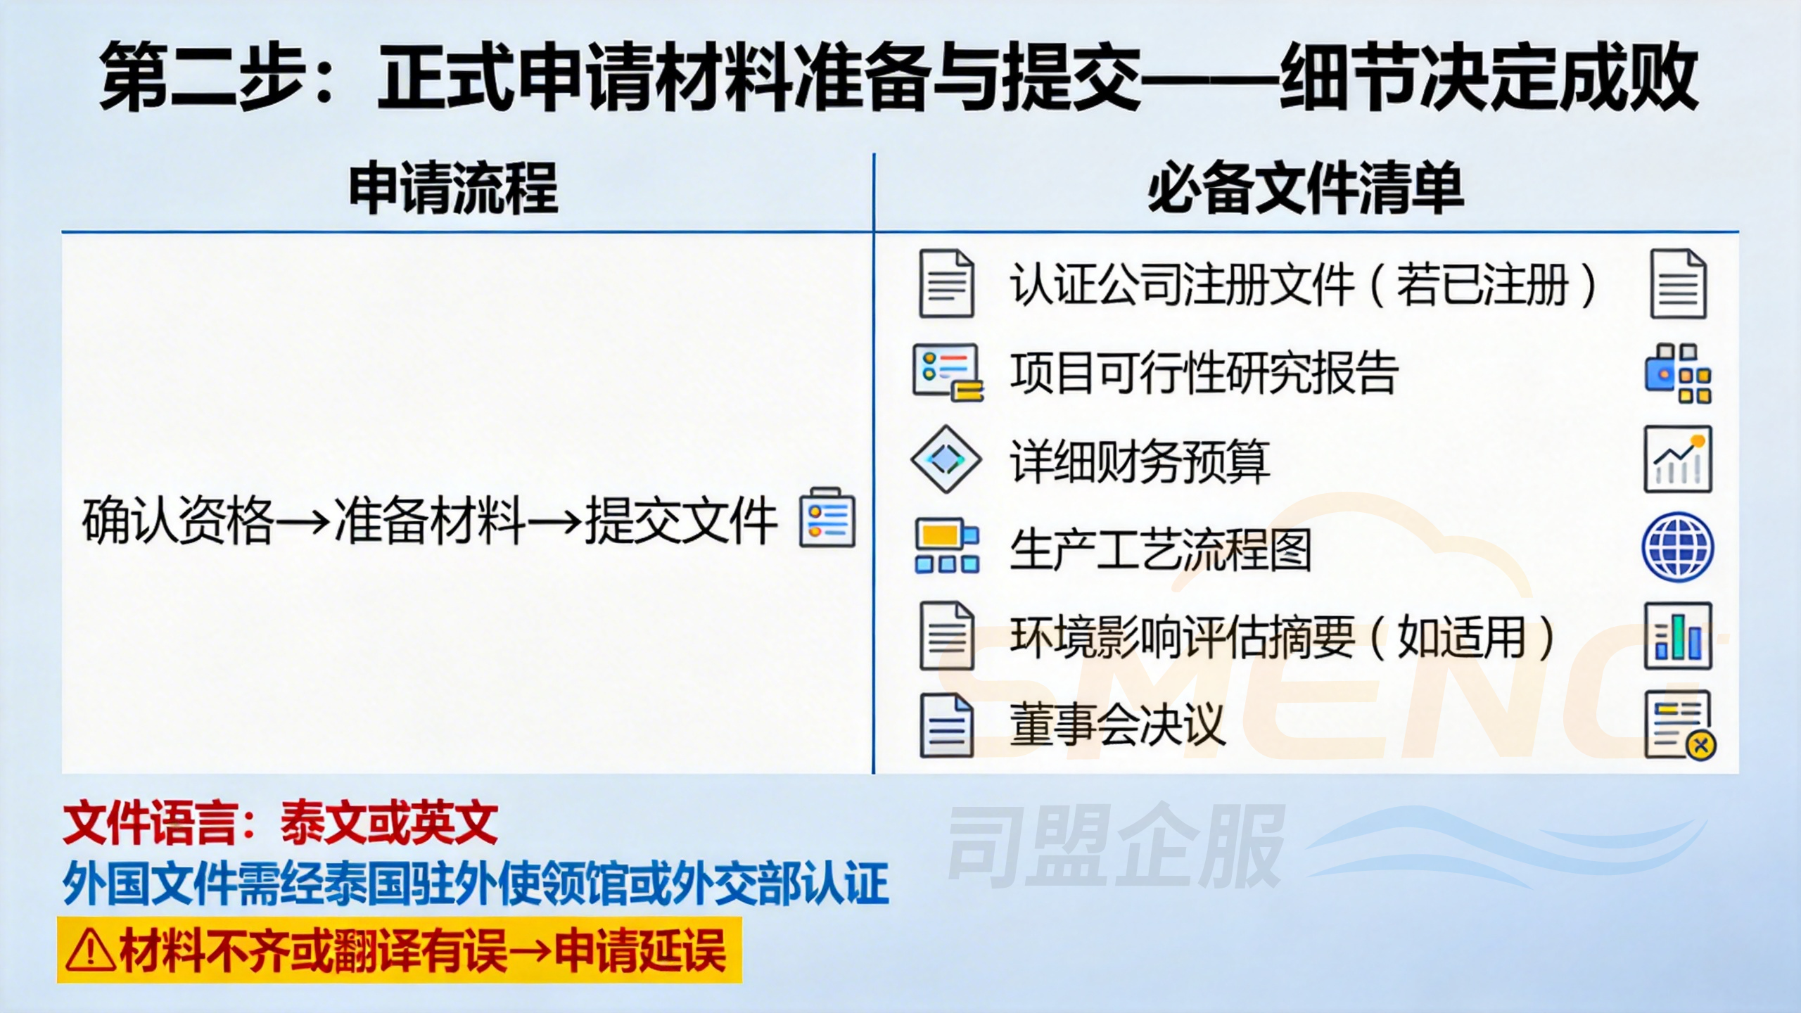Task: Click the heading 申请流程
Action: [454, 189]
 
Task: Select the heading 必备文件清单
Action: [1306, 189]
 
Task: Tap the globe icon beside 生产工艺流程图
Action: [1678, 547]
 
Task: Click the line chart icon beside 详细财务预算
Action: [1678, 459]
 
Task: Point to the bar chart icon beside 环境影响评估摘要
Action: [1678, 636]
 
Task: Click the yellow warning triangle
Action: [90, 950]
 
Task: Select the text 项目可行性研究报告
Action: [1204, 372]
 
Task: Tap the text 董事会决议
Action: [1117, 725]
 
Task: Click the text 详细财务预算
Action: [1140, 461]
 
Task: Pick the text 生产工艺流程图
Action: [1161, 549]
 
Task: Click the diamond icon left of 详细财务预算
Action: [946, 459]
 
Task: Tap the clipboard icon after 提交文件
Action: [827, 518]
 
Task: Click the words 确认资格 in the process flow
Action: [177, 521]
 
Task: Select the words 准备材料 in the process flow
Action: [430, 521]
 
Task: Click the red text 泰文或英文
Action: [389, 822]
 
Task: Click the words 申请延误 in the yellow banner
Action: [640, 950]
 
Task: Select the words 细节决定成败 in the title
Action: [1488, 76]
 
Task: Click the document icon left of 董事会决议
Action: [946, 725]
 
